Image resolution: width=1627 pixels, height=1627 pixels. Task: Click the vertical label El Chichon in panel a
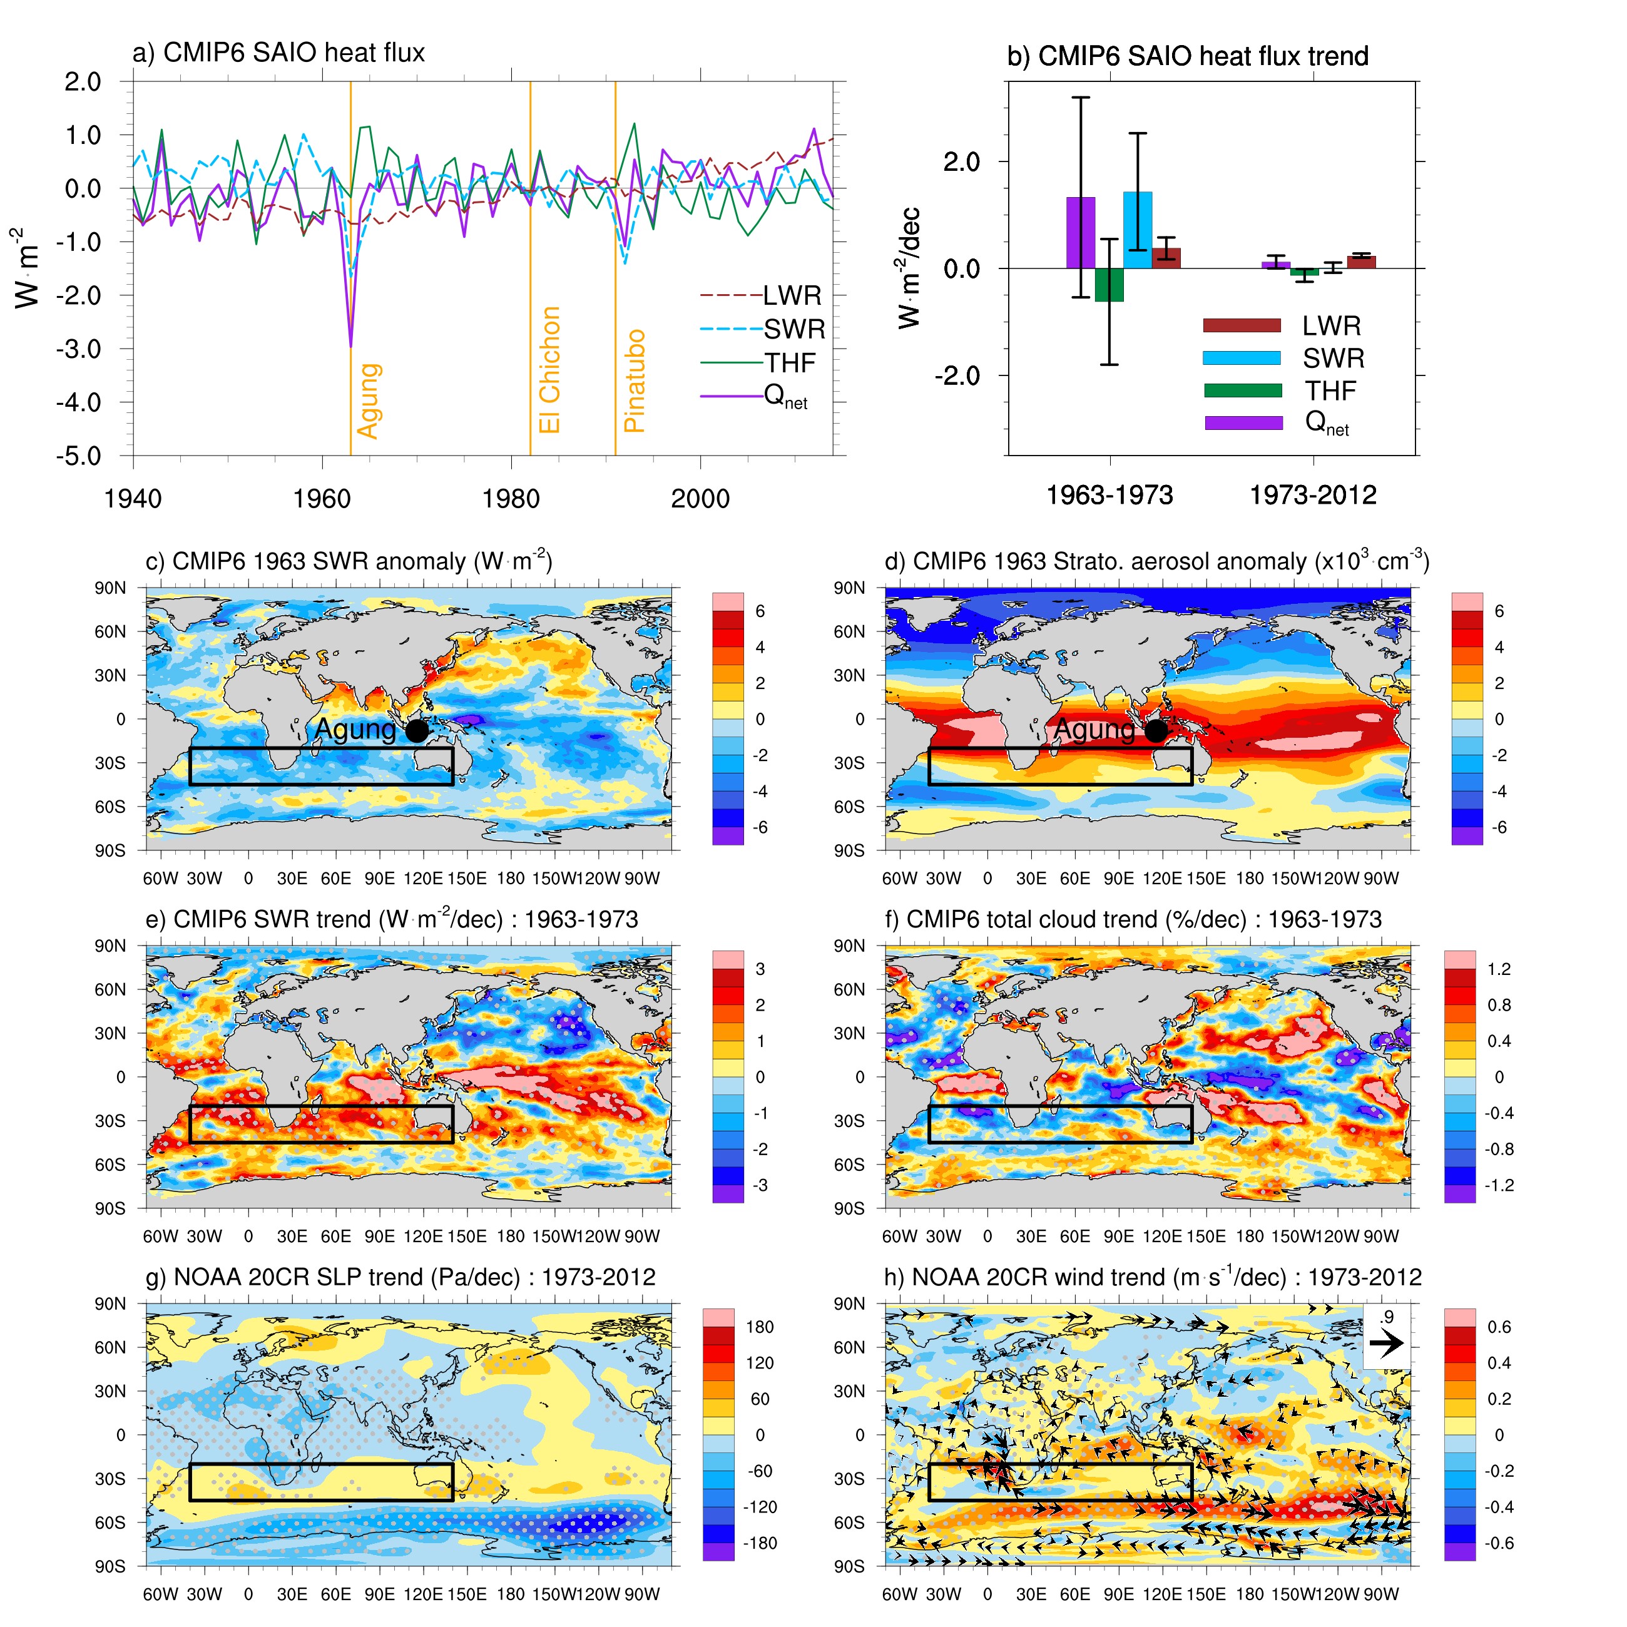(549, 370)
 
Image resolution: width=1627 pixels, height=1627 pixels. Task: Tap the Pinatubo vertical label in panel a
(634, 380)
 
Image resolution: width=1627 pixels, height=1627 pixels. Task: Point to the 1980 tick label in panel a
(511, 499)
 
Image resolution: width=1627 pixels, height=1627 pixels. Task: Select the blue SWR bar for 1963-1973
(1138, 230)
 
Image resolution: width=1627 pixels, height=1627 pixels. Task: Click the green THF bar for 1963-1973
(1109, 285)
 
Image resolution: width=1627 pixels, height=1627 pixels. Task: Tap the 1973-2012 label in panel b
(1313, 495)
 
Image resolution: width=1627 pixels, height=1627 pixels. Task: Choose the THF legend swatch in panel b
(1242, 390)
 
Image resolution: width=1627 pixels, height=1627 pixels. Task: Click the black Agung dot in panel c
(417, 731)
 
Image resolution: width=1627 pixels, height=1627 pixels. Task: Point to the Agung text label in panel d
(1094, 729)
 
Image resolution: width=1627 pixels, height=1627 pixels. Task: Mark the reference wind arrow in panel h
(1386, 1343)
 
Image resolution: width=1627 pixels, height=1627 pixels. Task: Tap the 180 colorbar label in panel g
(759, 1327)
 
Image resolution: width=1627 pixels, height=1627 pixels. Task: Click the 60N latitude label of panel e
(110, 989)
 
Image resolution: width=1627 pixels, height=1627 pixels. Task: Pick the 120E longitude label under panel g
(423, 1594)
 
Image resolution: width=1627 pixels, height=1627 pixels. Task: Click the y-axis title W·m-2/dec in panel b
(909, 268)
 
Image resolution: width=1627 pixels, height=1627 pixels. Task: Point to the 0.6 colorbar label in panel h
(1499, 1327)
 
